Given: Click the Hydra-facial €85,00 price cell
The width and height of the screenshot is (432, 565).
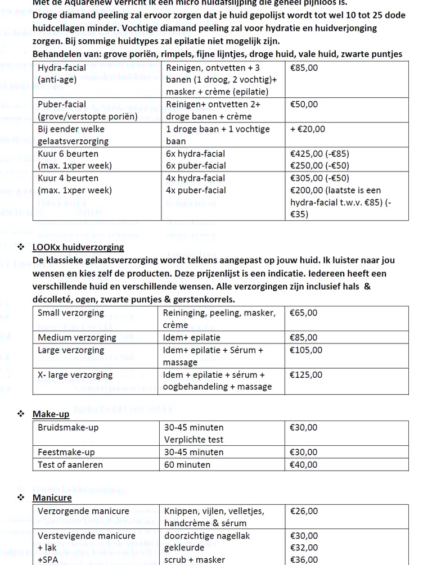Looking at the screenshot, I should [x=304, y=67].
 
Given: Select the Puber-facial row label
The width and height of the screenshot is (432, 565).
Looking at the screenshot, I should [x=62, y=104].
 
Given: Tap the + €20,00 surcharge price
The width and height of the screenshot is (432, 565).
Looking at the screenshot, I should [x=307, y=129].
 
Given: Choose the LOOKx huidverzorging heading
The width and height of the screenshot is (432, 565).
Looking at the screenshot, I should [x=78, y=247].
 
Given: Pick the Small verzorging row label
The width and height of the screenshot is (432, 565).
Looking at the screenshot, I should [x=71, y=313].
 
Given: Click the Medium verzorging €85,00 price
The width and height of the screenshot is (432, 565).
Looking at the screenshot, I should [x=304, y=338].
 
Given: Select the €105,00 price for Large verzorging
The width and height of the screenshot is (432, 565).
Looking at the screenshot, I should [x=306, y=350].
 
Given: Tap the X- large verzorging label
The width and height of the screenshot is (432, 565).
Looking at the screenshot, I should [x=75, y=375].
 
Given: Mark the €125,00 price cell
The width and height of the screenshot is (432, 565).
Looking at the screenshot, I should [x=306, y=375].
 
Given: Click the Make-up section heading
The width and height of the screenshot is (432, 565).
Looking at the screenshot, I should [x=51, y=414].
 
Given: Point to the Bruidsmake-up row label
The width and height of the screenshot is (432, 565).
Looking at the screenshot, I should [x=68, y=427].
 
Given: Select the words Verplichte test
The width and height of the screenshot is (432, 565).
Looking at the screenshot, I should [x=193, y=440].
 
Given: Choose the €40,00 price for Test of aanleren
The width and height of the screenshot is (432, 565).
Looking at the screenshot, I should [x=304, y=465].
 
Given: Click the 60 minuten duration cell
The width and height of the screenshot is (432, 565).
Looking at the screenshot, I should [x=187, y=465].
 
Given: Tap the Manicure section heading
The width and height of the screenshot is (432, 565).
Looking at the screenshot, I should [x=52, y=498].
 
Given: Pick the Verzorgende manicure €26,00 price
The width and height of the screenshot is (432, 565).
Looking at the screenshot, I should [x=304, y=511].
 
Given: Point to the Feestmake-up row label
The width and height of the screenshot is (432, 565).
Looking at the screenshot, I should [x=66, y=452].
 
